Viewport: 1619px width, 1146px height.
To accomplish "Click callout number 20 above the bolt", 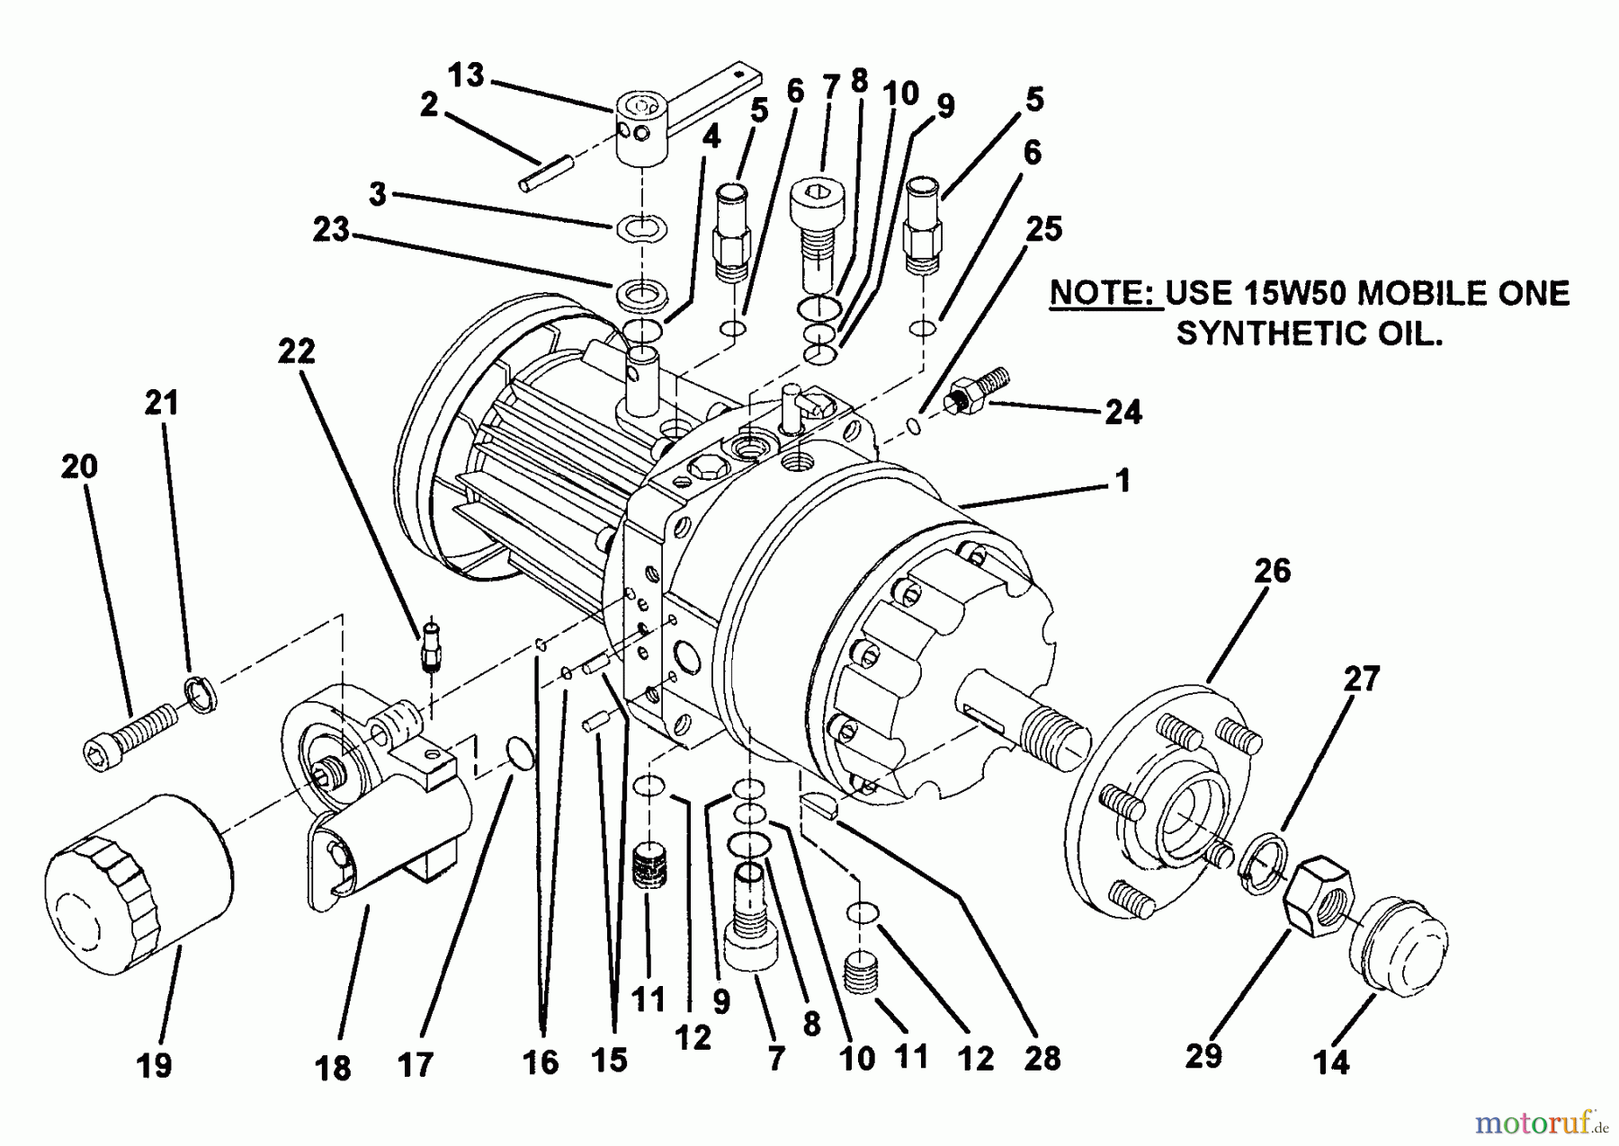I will coord(79,466).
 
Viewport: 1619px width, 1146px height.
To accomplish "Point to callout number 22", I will coord(296,351).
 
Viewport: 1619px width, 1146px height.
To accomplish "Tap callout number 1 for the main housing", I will coord(1122,480).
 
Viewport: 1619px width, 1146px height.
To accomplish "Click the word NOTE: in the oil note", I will coord(1105,294).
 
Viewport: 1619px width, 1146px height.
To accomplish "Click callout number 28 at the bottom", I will coord(1042,1058).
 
